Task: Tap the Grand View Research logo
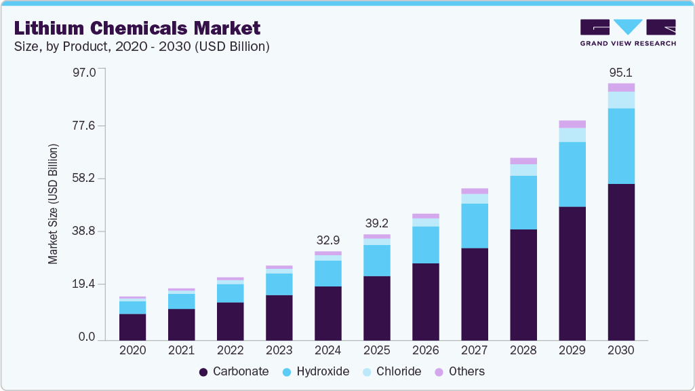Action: pyautogui.click(x=627, y=32)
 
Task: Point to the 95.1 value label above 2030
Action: pyautogui.click(x=621, y=73)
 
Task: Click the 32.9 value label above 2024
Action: pyautogui.click(x=328, y=240)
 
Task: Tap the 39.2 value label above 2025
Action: pyautogui.click(x=377, y=223)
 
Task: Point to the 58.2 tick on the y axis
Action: pyautogui.click(x=85, y=179)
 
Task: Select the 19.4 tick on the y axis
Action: pyautogui.click(x=85, y=284)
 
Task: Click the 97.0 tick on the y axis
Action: pyautogui.click(x=85, y=71)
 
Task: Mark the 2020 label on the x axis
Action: pyautogui.click(x=132, y=350)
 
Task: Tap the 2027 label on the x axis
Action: pyautogui.click(x=475, y=350)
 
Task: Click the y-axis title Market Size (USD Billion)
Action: pyautogui.click(x=53, y=204)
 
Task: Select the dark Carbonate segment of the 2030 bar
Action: pyautogui.click(x=621, y=261)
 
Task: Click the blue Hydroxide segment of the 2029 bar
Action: pyautogui.click(x=572, y=174)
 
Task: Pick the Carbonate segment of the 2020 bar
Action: pyautogui.click(x=132, y=327)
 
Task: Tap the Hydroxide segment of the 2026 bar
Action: pyautogui.click(x=426, y=244)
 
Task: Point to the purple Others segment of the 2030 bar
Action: pyautogui.click(x=621, y=87)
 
